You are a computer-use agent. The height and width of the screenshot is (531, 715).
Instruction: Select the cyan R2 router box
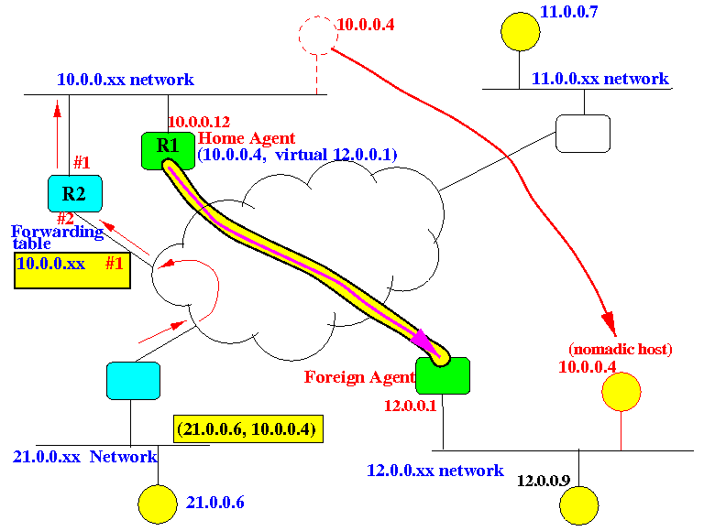74,193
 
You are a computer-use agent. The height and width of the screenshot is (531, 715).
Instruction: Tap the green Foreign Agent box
443,375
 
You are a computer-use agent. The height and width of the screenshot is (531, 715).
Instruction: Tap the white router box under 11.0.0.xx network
583,133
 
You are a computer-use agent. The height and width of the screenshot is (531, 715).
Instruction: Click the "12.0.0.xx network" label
434,471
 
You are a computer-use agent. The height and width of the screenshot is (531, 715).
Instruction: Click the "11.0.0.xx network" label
600,79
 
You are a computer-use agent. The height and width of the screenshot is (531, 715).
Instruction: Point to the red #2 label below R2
65,219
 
